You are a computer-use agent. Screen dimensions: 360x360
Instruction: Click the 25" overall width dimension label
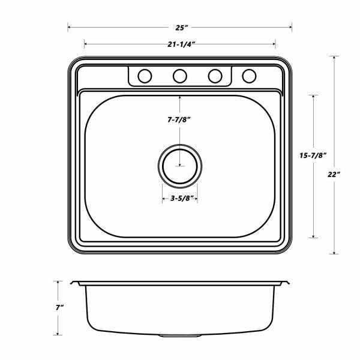(x=182, y=28)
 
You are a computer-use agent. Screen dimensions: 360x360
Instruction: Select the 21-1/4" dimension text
(x=181, y=44)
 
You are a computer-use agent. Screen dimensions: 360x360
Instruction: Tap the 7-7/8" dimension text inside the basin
(x=179, y=119)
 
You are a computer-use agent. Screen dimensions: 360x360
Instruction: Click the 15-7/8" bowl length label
(x=313, y=155)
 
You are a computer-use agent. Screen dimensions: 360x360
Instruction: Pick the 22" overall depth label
(x=334, y=175)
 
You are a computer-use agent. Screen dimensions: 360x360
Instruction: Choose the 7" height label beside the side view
(x=59, y=307)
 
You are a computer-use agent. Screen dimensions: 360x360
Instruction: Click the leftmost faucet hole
(x=145, y=76)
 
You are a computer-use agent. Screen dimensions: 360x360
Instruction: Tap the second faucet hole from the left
(x=180, y=76)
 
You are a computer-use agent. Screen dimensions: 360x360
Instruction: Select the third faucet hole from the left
(x=215, y=76)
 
